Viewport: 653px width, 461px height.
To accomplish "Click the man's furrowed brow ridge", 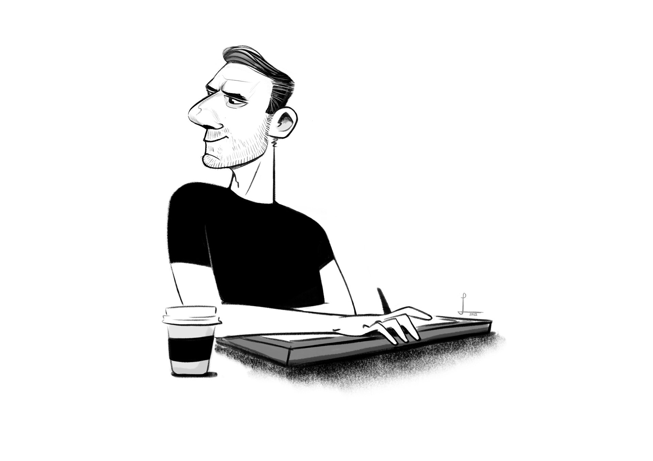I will pos(218,85).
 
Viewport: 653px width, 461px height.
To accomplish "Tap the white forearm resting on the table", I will pos(289,321).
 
